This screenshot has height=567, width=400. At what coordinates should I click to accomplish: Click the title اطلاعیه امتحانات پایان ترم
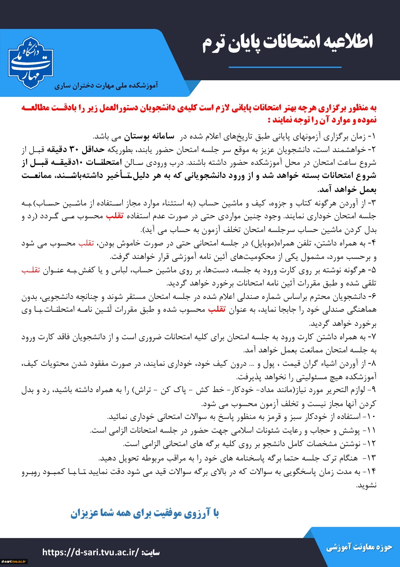tap(287, 43)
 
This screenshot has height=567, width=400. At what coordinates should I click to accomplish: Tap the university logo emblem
tap(30, 63)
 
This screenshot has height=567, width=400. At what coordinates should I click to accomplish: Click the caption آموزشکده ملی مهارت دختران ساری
tap(106, 85)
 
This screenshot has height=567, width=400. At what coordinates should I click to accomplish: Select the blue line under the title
tap(285, 67)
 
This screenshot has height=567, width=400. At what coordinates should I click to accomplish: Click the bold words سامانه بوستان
tap(149, 137)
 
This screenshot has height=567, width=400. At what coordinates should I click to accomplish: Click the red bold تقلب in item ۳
tap(115, 216)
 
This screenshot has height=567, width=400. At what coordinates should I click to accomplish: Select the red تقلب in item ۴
tap(86, 243)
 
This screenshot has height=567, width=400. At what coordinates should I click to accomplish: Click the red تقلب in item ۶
tap(217, 309)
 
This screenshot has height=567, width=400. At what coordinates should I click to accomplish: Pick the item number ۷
tap(373, 337)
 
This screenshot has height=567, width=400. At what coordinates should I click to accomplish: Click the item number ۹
tap(373, 390)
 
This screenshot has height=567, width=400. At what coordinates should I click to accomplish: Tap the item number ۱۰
tap(371, 417)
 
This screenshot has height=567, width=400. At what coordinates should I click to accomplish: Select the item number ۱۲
tap(371, 444)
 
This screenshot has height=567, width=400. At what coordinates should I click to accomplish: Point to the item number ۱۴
tap(371, 471)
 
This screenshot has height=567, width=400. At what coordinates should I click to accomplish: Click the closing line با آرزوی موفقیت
tap(145, 514)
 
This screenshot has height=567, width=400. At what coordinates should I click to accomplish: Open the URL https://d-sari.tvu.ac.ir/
tap(91, 552)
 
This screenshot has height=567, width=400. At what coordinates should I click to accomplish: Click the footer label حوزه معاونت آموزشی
tap(359, 547)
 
